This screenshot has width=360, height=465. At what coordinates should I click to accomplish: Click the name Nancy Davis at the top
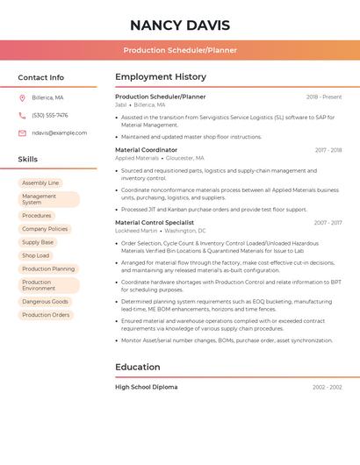[179, 25]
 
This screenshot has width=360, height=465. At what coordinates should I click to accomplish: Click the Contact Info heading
[41, 77]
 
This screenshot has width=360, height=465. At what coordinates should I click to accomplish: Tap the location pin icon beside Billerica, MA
[22, 97]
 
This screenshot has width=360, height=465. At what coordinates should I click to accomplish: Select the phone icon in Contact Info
[22, 115]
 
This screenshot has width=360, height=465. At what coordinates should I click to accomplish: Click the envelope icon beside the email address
[22, 132]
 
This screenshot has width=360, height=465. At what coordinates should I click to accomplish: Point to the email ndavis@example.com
[60, 132]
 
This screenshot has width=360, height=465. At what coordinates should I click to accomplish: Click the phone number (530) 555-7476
[50, 115]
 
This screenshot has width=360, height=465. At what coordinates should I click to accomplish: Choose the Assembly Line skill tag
[40, 182]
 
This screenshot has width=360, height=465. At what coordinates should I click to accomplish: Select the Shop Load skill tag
[36, 255]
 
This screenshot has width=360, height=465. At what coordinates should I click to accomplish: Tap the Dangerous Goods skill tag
[45, 301]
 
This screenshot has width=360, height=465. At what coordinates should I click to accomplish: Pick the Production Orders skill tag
[46, 314]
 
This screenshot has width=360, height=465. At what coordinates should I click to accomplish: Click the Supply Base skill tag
[38, 242]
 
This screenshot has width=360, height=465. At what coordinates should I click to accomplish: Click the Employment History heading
[161, 77]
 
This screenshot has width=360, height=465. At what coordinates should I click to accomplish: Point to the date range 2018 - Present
[324, 97]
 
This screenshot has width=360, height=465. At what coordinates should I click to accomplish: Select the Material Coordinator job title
[146, 150]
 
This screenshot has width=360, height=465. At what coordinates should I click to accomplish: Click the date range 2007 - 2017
[328, 223]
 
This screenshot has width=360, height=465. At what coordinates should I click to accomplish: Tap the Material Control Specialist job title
[155, 223]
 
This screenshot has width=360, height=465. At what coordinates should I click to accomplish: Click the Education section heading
[138, 367]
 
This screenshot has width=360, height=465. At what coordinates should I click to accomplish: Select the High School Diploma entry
[146, 387]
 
